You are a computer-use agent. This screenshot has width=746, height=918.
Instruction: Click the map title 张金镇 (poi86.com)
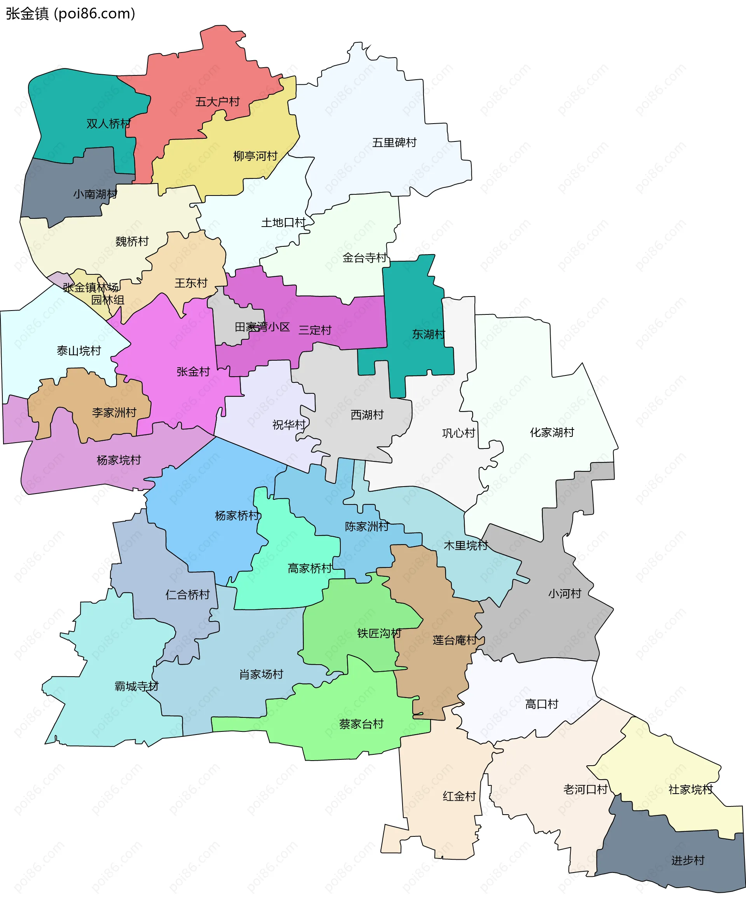(70, 14)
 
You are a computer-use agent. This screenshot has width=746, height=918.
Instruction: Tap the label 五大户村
(218, 102)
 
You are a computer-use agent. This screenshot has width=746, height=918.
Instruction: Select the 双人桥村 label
(108, 124)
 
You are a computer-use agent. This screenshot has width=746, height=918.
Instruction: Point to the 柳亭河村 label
(255, 156)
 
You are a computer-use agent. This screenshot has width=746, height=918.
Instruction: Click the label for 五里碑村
(394, 143)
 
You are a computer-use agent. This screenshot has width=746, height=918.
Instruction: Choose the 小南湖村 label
(95, 194)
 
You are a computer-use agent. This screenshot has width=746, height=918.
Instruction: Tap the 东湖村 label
(429, 334)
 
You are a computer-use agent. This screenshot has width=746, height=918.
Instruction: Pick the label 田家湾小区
(262, 327)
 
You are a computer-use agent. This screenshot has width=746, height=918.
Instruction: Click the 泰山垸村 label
(78, 351)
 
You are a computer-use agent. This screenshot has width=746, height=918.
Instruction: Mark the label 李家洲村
(114, 413)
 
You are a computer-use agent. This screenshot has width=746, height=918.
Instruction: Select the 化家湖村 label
(552, 432)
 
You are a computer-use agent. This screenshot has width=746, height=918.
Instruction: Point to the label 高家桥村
(309, 569)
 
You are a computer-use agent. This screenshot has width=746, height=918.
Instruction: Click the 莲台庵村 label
(455, 641)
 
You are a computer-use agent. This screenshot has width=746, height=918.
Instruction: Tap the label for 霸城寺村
(136, 686)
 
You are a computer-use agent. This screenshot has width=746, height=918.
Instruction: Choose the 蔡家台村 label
(361, 724)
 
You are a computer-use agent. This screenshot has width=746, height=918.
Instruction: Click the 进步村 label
(688, 860)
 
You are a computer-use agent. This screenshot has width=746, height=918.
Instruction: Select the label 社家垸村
(690, 789)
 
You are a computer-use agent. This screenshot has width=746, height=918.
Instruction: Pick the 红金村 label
(459, 796)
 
